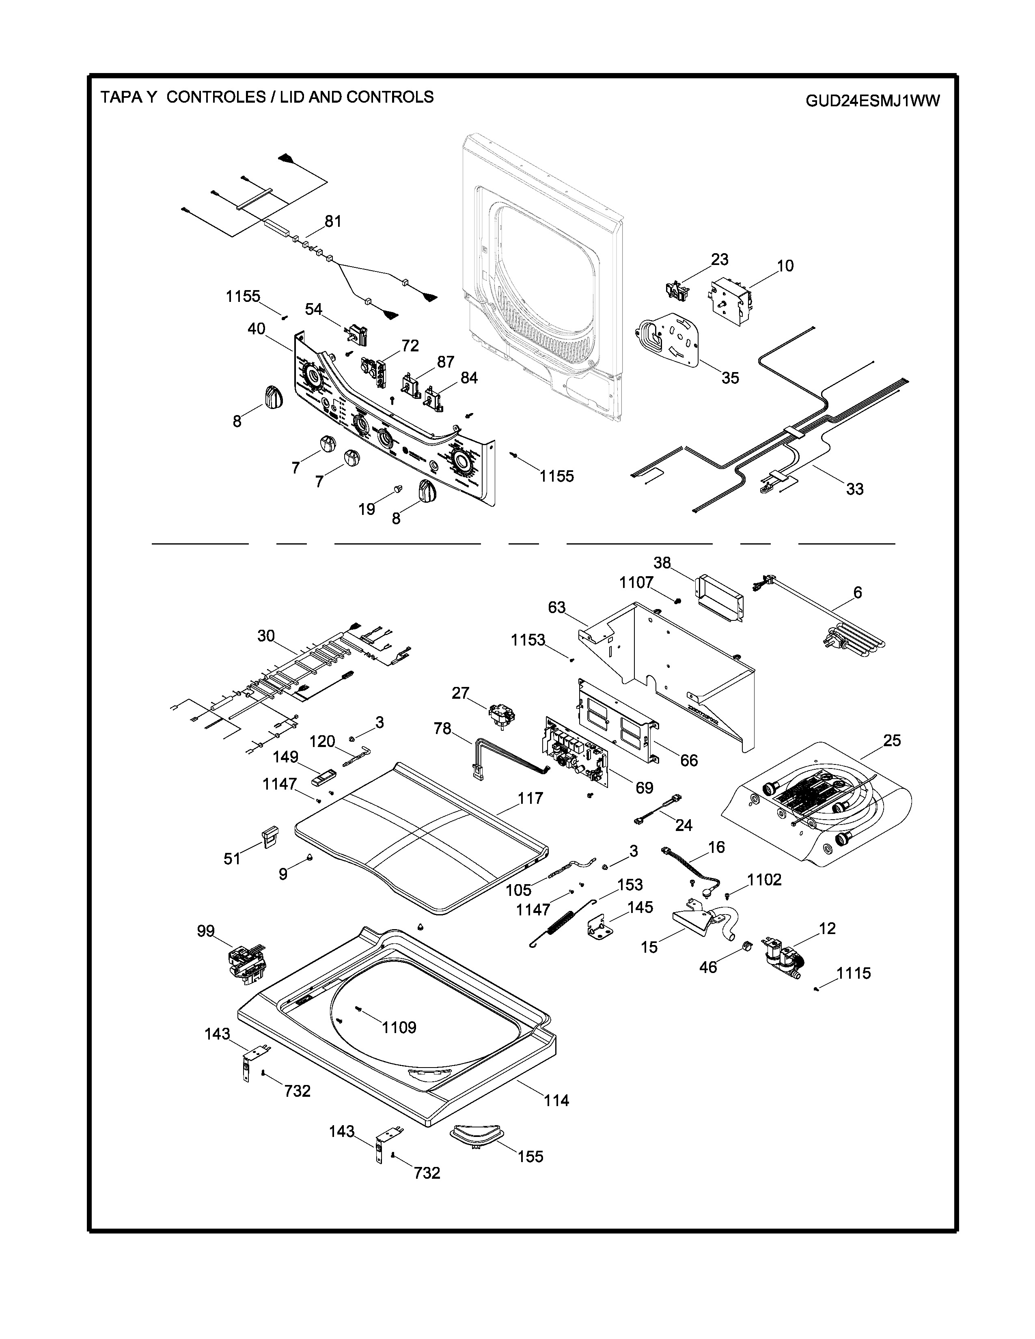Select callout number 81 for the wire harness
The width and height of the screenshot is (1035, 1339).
click(333, 221)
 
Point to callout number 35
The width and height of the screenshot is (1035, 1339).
click(730, 378)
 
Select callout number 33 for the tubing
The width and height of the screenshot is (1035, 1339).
click(855, 489)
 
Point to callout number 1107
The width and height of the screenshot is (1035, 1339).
click(636, 582)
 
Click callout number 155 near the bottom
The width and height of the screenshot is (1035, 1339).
click(530, 1156)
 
